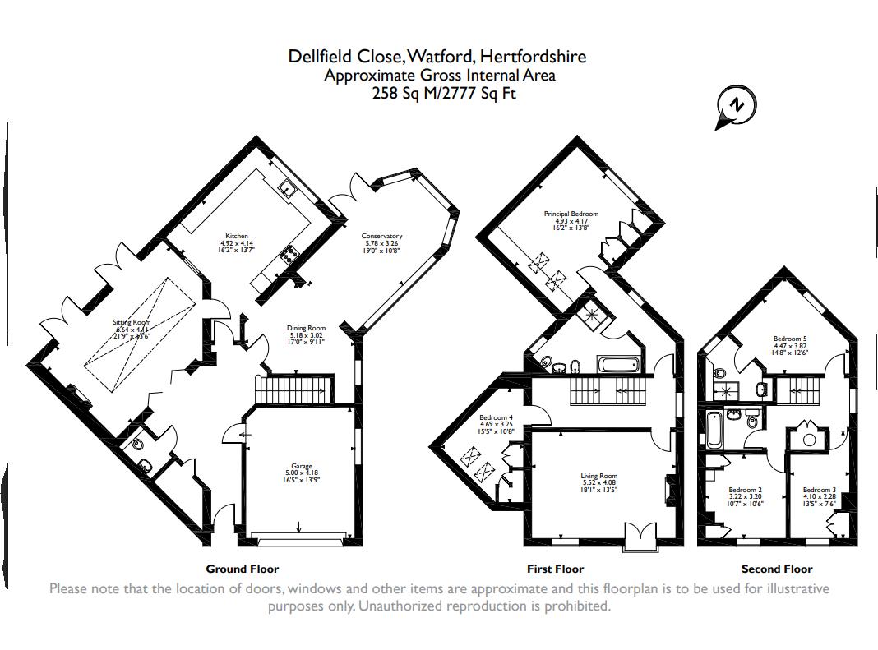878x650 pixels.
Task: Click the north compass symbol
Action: (x=737, y=106)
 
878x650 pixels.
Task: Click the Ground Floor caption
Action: (x=243, y=569)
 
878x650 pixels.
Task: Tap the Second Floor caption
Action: (x=776, y=569)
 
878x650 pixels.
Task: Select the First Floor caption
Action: (x=555, y=569)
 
